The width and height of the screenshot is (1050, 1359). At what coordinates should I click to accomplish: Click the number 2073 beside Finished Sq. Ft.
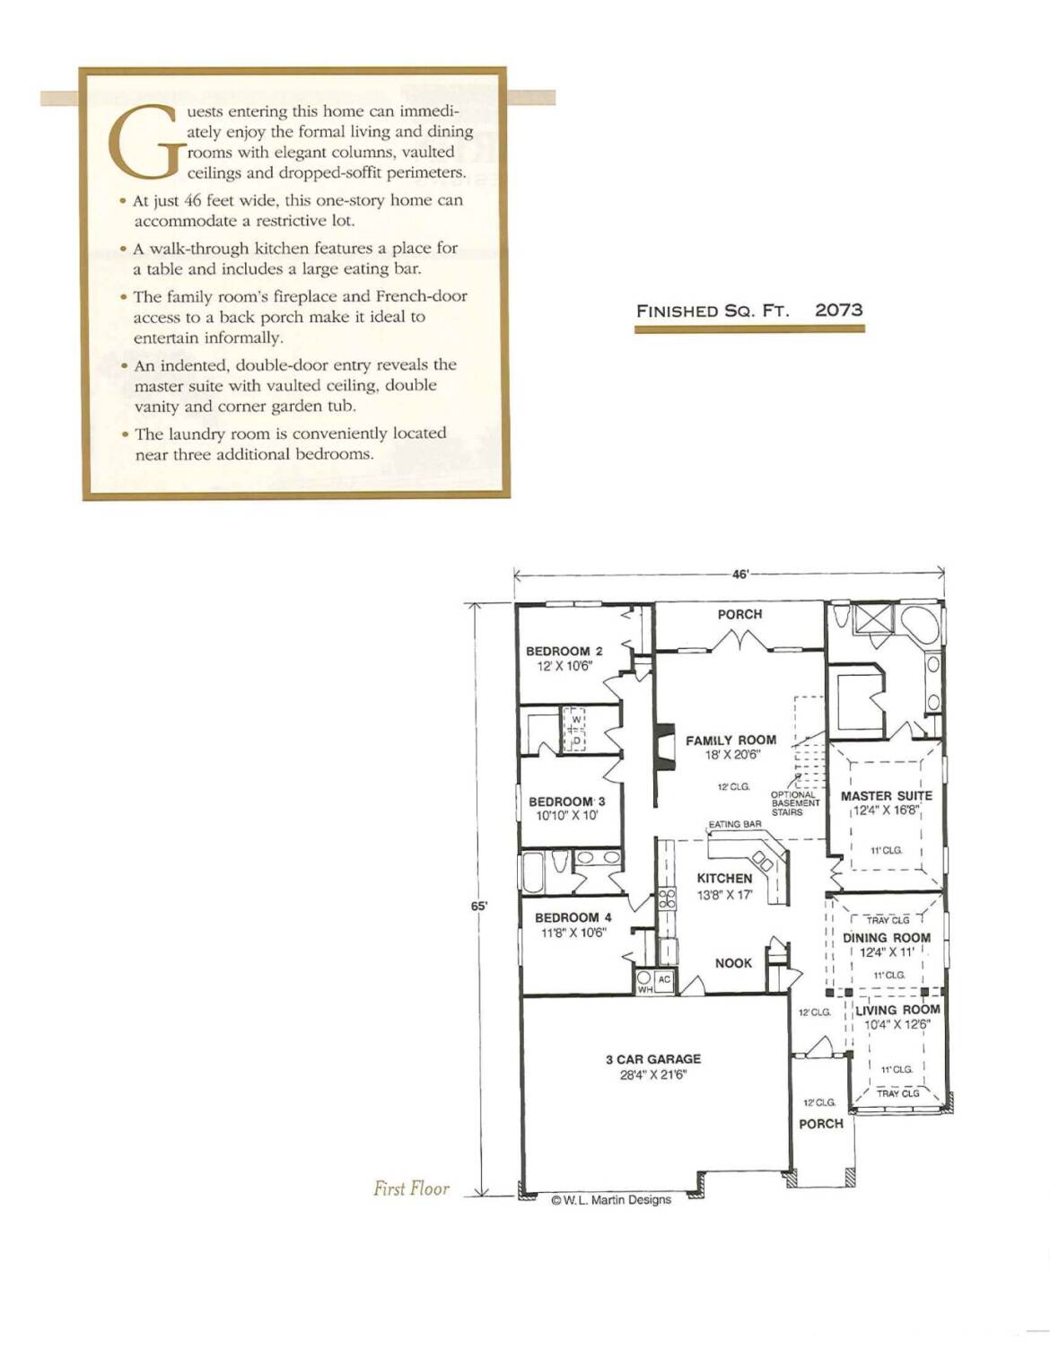(x=839, y=311)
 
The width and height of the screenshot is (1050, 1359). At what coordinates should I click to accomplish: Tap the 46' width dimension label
(x=740, y=574)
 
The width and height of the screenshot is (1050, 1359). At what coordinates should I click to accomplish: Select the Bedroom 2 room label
(x=564, y=651)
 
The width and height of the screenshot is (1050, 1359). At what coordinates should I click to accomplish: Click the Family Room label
(x=731, y=740)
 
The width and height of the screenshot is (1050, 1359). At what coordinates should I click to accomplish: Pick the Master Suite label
(x=887, y=796)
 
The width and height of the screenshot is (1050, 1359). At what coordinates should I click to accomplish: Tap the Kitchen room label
(x=725, y=879)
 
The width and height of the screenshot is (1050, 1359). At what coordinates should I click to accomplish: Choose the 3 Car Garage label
(x=653, y=1059)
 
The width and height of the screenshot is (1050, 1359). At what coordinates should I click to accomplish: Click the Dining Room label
(x=887, y=938)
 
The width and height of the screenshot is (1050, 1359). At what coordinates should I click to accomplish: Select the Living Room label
(x=897, y=1010)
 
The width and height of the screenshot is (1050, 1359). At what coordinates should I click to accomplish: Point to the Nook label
(x=734, y=963)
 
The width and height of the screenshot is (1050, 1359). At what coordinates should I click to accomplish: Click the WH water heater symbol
(x=644, y=983)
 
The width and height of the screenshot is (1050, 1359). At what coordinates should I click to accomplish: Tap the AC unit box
(x=664, y=980)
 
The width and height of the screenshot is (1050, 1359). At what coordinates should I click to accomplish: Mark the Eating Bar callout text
(x=735, y=824)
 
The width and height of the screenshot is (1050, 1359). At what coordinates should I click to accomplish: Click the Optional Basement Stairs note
(x=795, y=803)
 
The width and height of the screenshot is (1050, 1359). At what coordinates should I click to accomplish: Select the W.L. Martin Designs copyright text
(x=611, y=1200)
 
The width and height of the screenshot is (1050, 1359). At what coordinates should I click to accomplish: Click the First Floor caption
(x=411, y=1188)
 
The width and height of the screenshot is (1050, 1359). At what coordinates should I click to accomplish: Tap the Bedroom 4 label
(x=573, y=918)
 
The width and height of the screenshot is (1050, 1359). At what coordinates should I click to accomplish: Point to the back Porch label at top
(x=740, y=614)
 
